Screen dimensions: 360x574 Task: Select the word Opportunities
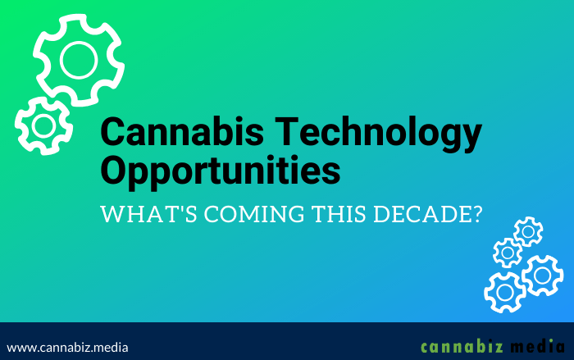click(x=220, y=172)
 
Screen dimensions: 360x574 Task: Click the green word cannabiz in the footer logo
click(x=458, y=346)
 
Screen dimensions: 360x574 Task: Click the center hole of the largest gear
click(x=79, y=59)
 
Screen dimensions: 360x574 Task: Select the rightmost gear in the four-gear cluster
click(x=543, y=275)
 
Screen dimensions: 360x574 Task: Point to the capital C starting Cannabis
click(x=112, y=134)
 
